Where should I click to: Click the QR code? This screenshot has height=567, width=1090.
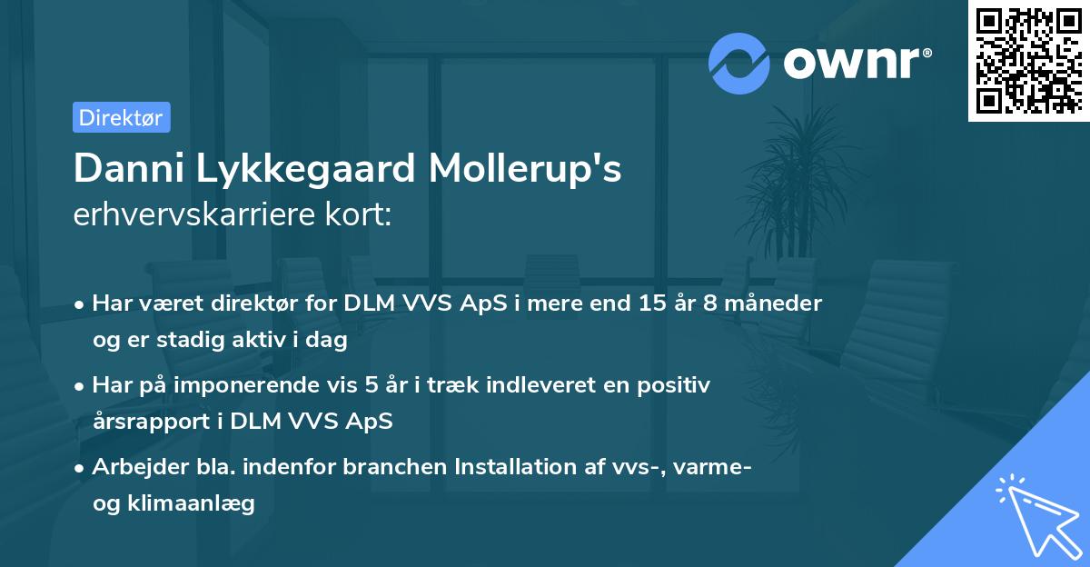(x=1029, y=60)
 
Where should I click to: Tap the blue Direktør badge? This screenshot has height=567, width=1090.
(x=121, y=117)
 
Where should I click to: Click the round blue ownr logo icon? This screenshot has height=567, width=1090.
(x=739, y=64)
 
